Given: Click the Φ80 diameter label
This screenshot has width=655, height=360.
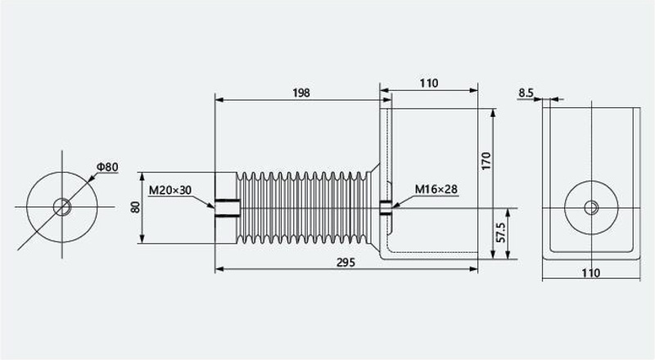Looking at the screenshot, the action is (x=107, y=167).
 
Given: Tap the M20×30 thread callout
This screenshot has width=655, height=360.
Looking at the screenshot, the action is (x=170, y=191).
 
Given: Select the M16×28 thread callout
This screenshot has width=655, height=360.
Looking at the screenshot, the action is (x=436, y=189).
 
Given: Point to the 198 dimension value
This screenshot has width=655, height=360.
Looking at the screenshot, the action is (x=301, y=92).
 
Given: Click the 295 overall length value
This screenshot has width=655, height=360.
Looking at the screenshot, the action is (x=346, y=263).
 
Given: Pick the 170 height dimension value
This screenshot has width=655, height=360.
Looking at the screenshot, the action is (x=486, y=161).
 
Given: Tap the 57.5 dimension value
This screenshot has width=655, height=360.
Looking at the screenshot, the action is (x=501, y=232).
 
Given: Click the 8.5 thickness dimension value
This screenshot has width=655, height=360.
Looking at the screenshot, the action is (x=526, y=92).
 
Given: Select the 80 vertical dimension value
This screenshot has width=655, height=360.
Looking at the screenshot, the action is (x=135, y=207).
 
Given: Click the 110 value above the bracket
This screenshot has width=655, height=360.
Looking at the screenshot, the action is (x=429, y=83).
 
